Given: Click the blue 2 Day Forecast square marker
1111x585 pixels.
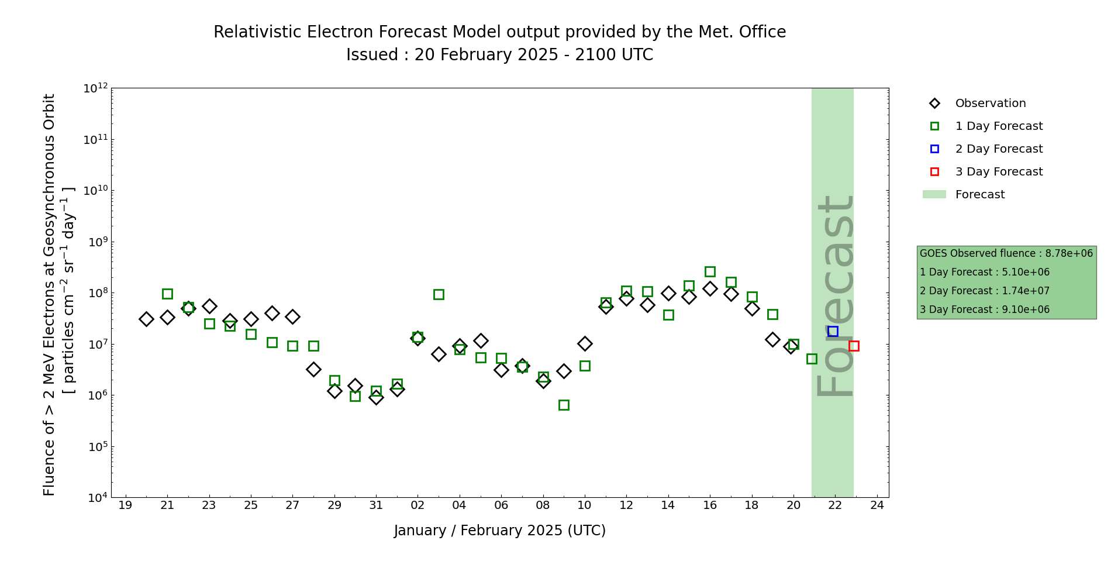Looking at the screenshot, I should pyautogui.click(x=833, y=331).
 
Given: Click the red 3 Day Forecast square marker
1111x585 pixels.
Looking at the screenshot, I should pyautogui.click(x=854, y=346).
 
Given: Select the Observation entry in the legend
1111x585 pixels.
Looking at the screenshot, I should pyautogui.click(x=990, y=104).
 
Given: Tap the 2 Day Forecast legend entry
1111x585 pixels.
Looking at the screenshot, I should pyautogui.click(x=998, y=149).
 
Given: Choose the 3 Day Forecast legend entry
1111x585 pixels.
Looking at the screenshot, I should pyautogui.click(x=998, y=172).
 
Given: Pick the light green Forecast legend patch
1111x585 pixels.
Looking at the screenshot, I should pyautogui.click(x=934, y=195).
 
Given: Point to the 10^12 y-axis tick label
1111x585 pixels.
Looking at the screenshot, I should pyautogui.click(x=95, y=88).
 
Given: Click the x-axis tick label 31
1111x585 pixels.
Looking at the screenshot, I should pyautogui.click(x=376, y=505).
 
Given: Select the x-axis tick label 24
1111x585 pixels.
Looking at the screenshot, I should pyautogui.click(x=877, y=505).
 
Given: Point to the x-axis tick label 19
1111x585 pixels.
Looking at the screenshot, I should pyautogui.click(x=125, y=505).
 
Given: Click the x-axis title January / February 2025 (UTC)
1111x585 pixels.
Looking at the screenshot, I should pyautogui.click(x=500, y=531).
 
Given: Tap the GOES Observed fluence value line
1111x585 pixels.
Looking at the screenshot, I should pyautogui.click(x=1006, y=253).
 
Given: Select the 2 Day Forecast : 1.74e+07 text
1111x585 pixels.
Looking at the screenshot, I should pyautogui.click(x=985, y=291).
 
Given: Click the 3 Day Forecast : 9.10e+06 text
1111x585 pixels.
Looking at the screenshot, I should pyautogui.click(x=985, y=309).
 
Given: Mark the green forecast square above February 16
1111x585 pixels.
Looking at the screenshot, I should pyautogui.click(x=710, y=271).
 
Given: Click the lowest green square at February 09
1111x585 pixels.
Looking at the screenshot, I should pyautogui.click(x=564, y=405).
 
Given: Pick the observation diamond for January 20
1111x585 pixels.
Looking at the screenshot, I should pyautogui.click(x=146, y=319).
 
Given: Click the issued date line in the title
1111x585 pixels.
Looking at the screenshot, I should pyautogui.click(x=499, y=55).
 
